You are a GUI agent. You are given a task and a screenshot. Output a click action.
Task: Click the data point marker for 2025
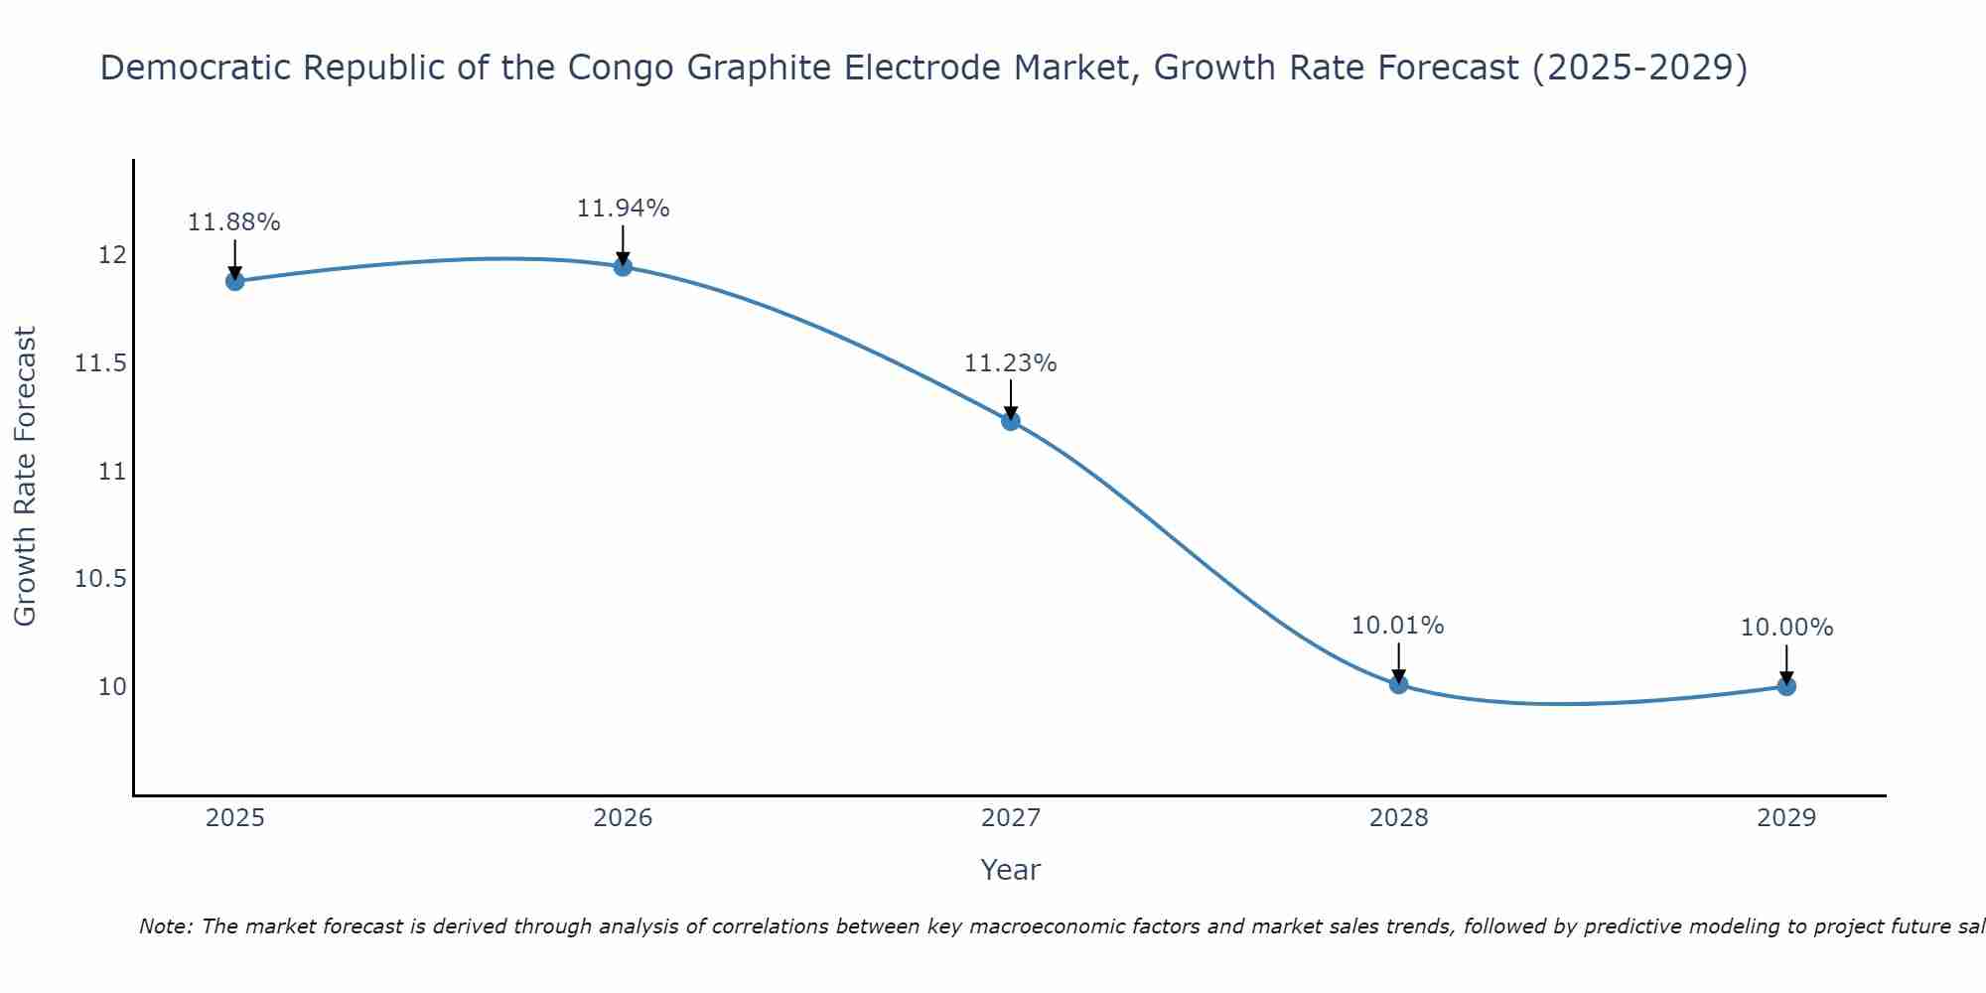click(x=234, y=281)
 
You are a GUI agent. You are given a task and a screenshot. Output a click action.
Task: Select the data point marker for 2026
click(x=623, y=266)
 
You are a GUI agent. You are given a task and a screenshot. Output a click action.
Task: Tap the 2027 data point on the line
click(x=1011, y=421)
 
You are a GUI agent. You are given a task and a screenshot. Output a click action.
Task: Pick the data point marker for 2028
click(x=1398, y=683)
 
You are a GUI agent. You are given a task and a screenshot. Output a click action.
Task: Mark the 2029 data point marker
click(x=1786, y=686)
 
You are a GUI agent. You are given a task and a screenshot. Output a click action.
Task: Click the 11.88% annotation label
click(x=234, y=222)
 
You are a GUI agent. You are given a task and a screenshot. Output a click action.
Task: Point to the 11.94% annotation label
click(x=623, y=209)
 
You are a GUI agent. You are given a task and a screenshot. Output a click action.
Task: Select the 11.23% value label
click(x=1011, y=363)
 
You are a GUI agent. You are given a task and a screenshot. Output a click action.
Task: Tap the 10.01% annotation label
click(x=1398, y=626)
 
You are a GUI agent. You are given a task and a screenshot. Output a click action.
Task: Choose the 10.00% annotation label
click(x=1786, y=628)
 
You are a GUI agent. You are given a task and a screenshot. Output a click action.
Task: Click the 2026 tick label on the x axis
click(x=623, y=818)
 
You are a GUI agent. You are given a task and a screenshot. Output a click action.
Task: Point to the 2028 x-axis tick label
click(x=1398, y=818)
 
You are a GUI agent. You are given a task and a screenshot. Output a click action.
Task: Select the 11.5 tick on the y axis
click(x=100, y=363)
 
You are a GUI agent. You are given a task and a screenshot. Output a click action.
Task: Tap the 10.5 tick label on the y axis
click(x=100, y=579)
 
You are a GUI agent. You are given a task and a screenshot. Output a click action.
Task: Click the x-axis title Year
click(x=1011, y=870)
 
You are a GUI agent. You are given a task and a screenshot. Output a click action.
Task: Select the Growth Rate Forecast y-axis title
click(x=26, y=477)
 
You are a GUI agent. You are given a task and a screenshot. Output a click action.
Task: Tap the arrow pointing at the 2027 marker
click(x=1011, y=400)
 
